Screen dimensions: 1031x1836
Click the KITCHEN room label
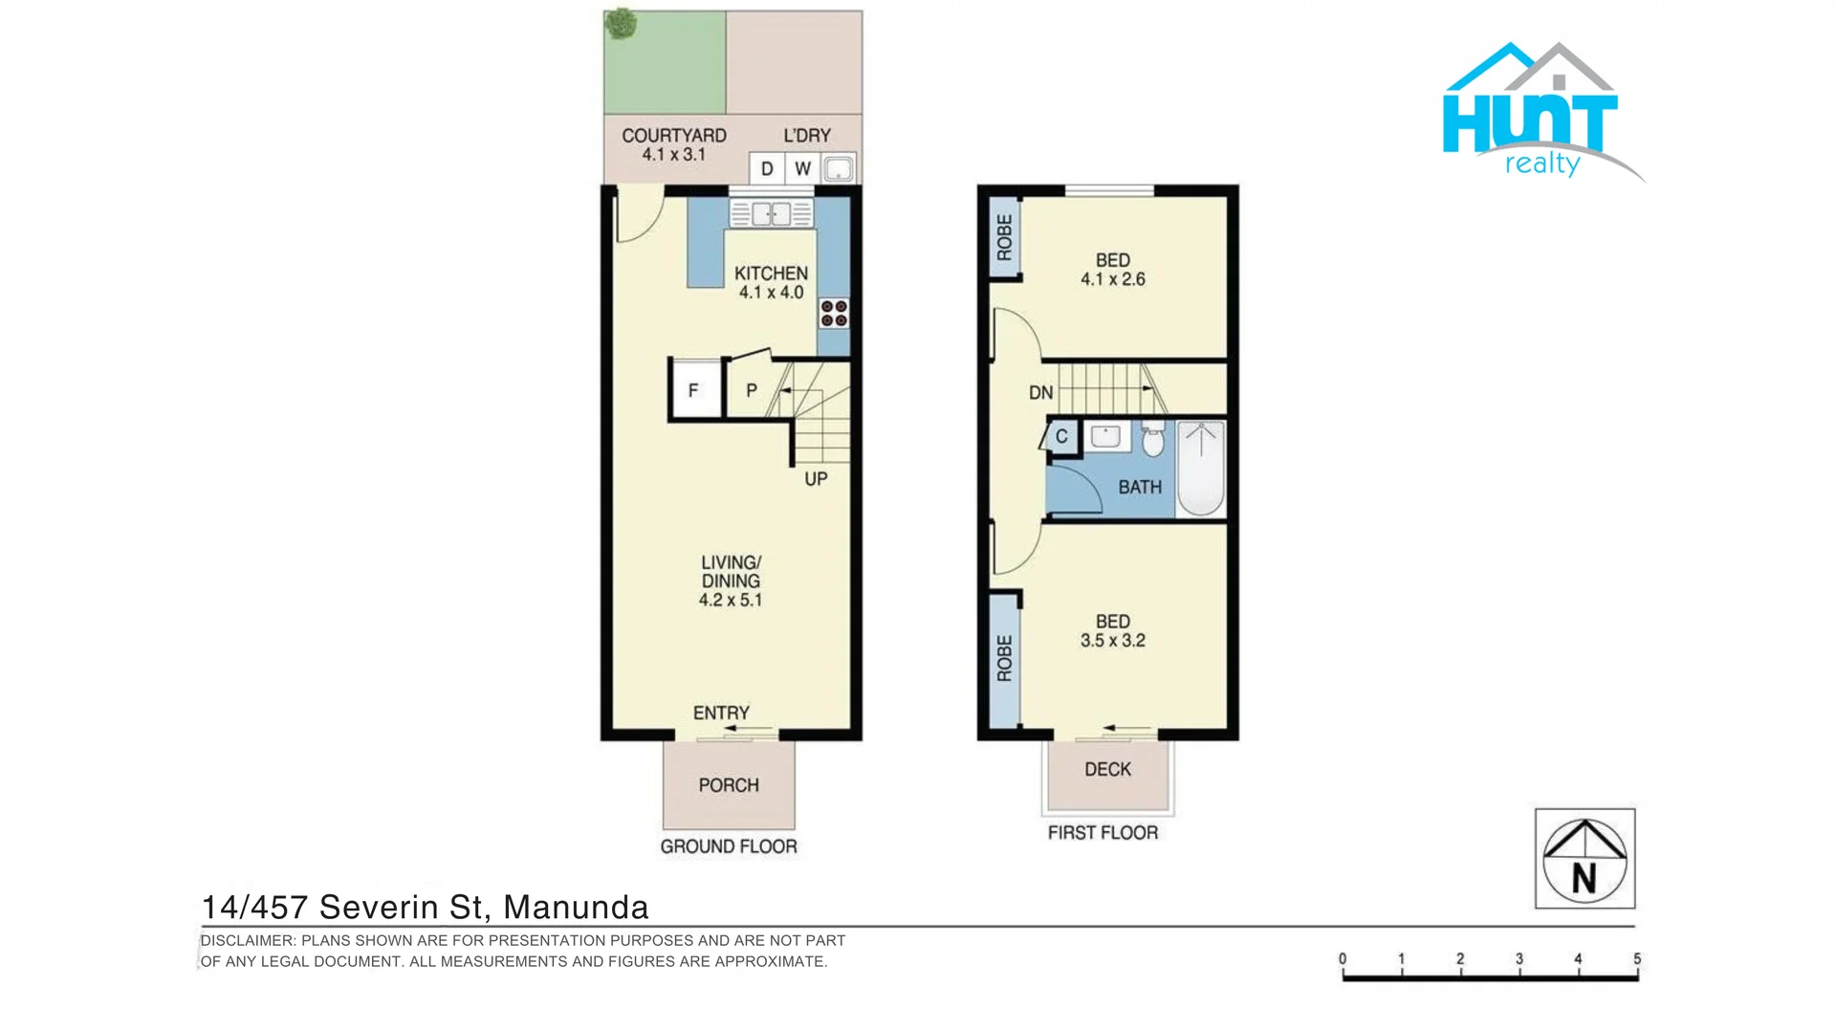[x=771, y=274]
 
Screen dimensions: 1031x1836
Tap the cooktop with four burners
[x=834, y=314]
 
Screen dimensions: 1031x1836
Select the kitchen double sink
[x=771, y=213]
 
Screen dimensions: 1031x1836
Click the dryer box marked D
[x=767, y=169]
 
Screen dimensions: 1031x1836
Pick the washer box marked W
[x=802, y=169]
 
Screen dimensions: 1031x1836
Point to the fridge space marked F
[x=694, y=390]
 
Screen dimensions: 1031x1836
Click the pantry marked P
[x=752, y=390]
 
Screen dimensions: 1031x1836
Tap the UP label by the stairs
[x=816, y=478]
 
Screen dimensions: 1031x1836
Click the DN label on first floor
[x=1040, y=392]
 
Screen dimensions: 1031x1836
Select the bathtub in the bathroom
[x=1201, y=469]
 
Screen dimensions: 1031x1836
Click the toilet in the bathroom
[x=1153, y=440]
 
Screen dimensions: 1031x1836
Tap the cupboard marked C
[x=1061, y=437]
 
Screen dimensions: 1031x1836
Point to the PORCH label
[x=729, y=785]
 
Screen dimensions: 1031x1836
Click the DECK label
[x=1107, y=770]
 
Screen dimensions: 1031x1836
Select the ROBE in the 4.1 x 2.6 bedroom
[x=1004, y=237]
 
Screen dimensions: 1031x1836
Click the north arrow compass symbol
[x=1585, y=859]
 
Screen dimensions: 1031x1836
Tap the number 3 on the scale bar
[x=1519, y=958]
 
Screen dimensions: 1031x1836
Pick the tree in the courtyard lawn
[x=622, y=24]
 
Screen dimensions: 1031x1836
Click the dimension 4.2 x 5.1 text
[x=731, y=601]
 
